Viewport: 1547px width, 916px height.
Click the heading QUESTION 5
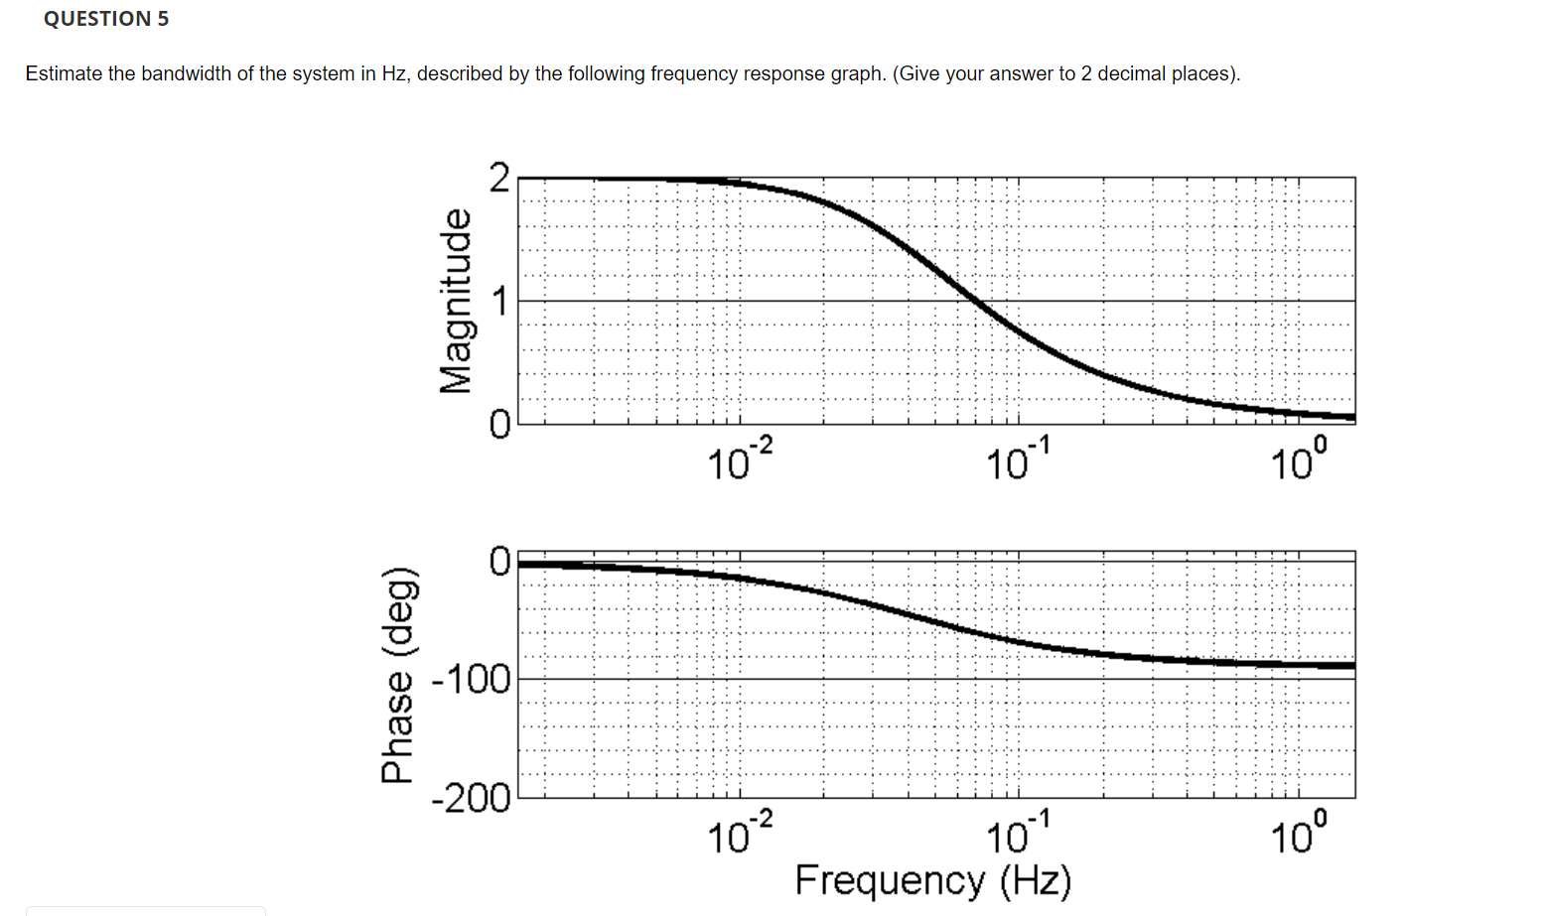106,19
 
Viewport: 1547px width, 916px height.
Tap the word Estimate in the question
64,74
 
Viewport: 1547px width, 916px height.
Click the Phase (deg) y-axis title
396,675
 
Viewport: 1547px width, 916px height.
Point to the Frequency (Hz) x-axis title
932,880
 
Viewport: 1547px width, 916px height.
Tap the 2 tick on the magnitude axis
499,178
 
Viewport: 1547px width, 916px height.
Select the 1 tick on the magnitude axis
499,301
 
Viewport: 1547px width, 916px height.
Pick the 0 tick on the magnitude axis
499,425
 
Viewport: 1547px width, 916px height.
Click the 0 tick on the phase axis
499,562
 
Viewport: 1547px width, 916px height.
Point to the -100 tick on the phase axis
472,680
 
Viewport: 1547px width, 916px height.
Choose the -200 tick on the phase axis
472,797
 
